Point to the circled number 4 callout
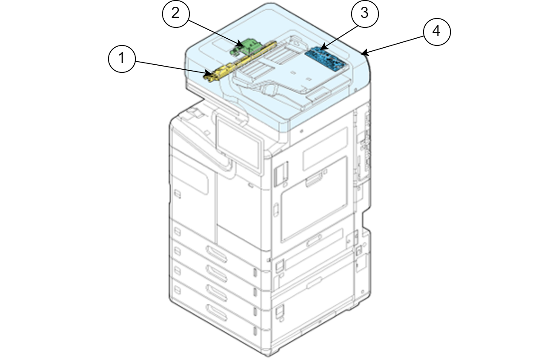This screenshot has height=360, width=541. (x=436, y=32)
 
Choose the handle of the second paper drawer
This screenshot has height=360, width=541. (x=216, y=270)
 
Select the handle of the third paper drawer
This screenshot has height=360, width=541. (x=216, y=290)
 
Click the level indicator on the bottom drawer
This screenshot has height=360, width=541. (x=256, y=332)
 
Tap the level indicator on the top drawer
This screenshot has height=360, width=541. (x=256, y=273)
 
